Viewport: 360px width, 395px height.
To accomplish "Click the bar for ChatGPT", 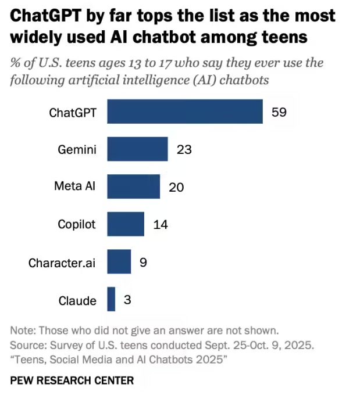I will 185,112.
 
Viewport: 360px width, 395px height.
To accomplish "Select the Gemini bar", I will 137,149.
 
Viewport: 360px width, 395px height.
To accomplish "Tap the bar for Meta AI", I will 133,186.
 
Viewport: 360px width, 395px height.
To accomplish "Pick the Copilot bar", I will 126,224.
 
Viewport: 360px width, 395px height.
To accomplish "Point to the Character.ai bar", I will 119,261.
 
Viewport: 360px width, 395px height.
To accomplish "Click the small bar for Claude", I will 111,299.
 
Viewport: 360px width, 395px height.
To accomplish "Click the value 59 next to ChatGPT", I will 279,112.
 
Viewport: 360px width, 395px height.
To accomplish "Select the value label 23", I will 184,149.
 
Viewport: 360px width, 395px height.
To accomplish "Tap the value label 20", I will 176,186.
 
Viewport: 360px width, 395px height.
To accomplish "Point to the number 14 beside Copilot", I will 161,224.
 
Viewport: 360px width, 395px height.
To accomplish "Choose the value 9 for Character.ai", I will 143,262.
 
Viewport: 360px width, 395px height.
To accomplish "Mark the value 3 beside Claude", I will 127,300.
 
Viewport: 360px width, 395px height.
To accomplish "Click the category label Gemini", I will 77,150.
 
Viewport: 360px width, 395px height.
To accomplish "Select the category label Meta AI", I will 74,186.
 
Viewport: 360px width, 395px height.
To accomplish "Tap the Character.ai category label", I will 62,263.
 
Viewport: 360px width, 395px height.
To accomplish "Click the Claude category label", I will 77,300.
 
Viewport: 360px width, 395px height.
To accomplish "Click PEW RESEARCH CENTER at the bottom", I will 72,380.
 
